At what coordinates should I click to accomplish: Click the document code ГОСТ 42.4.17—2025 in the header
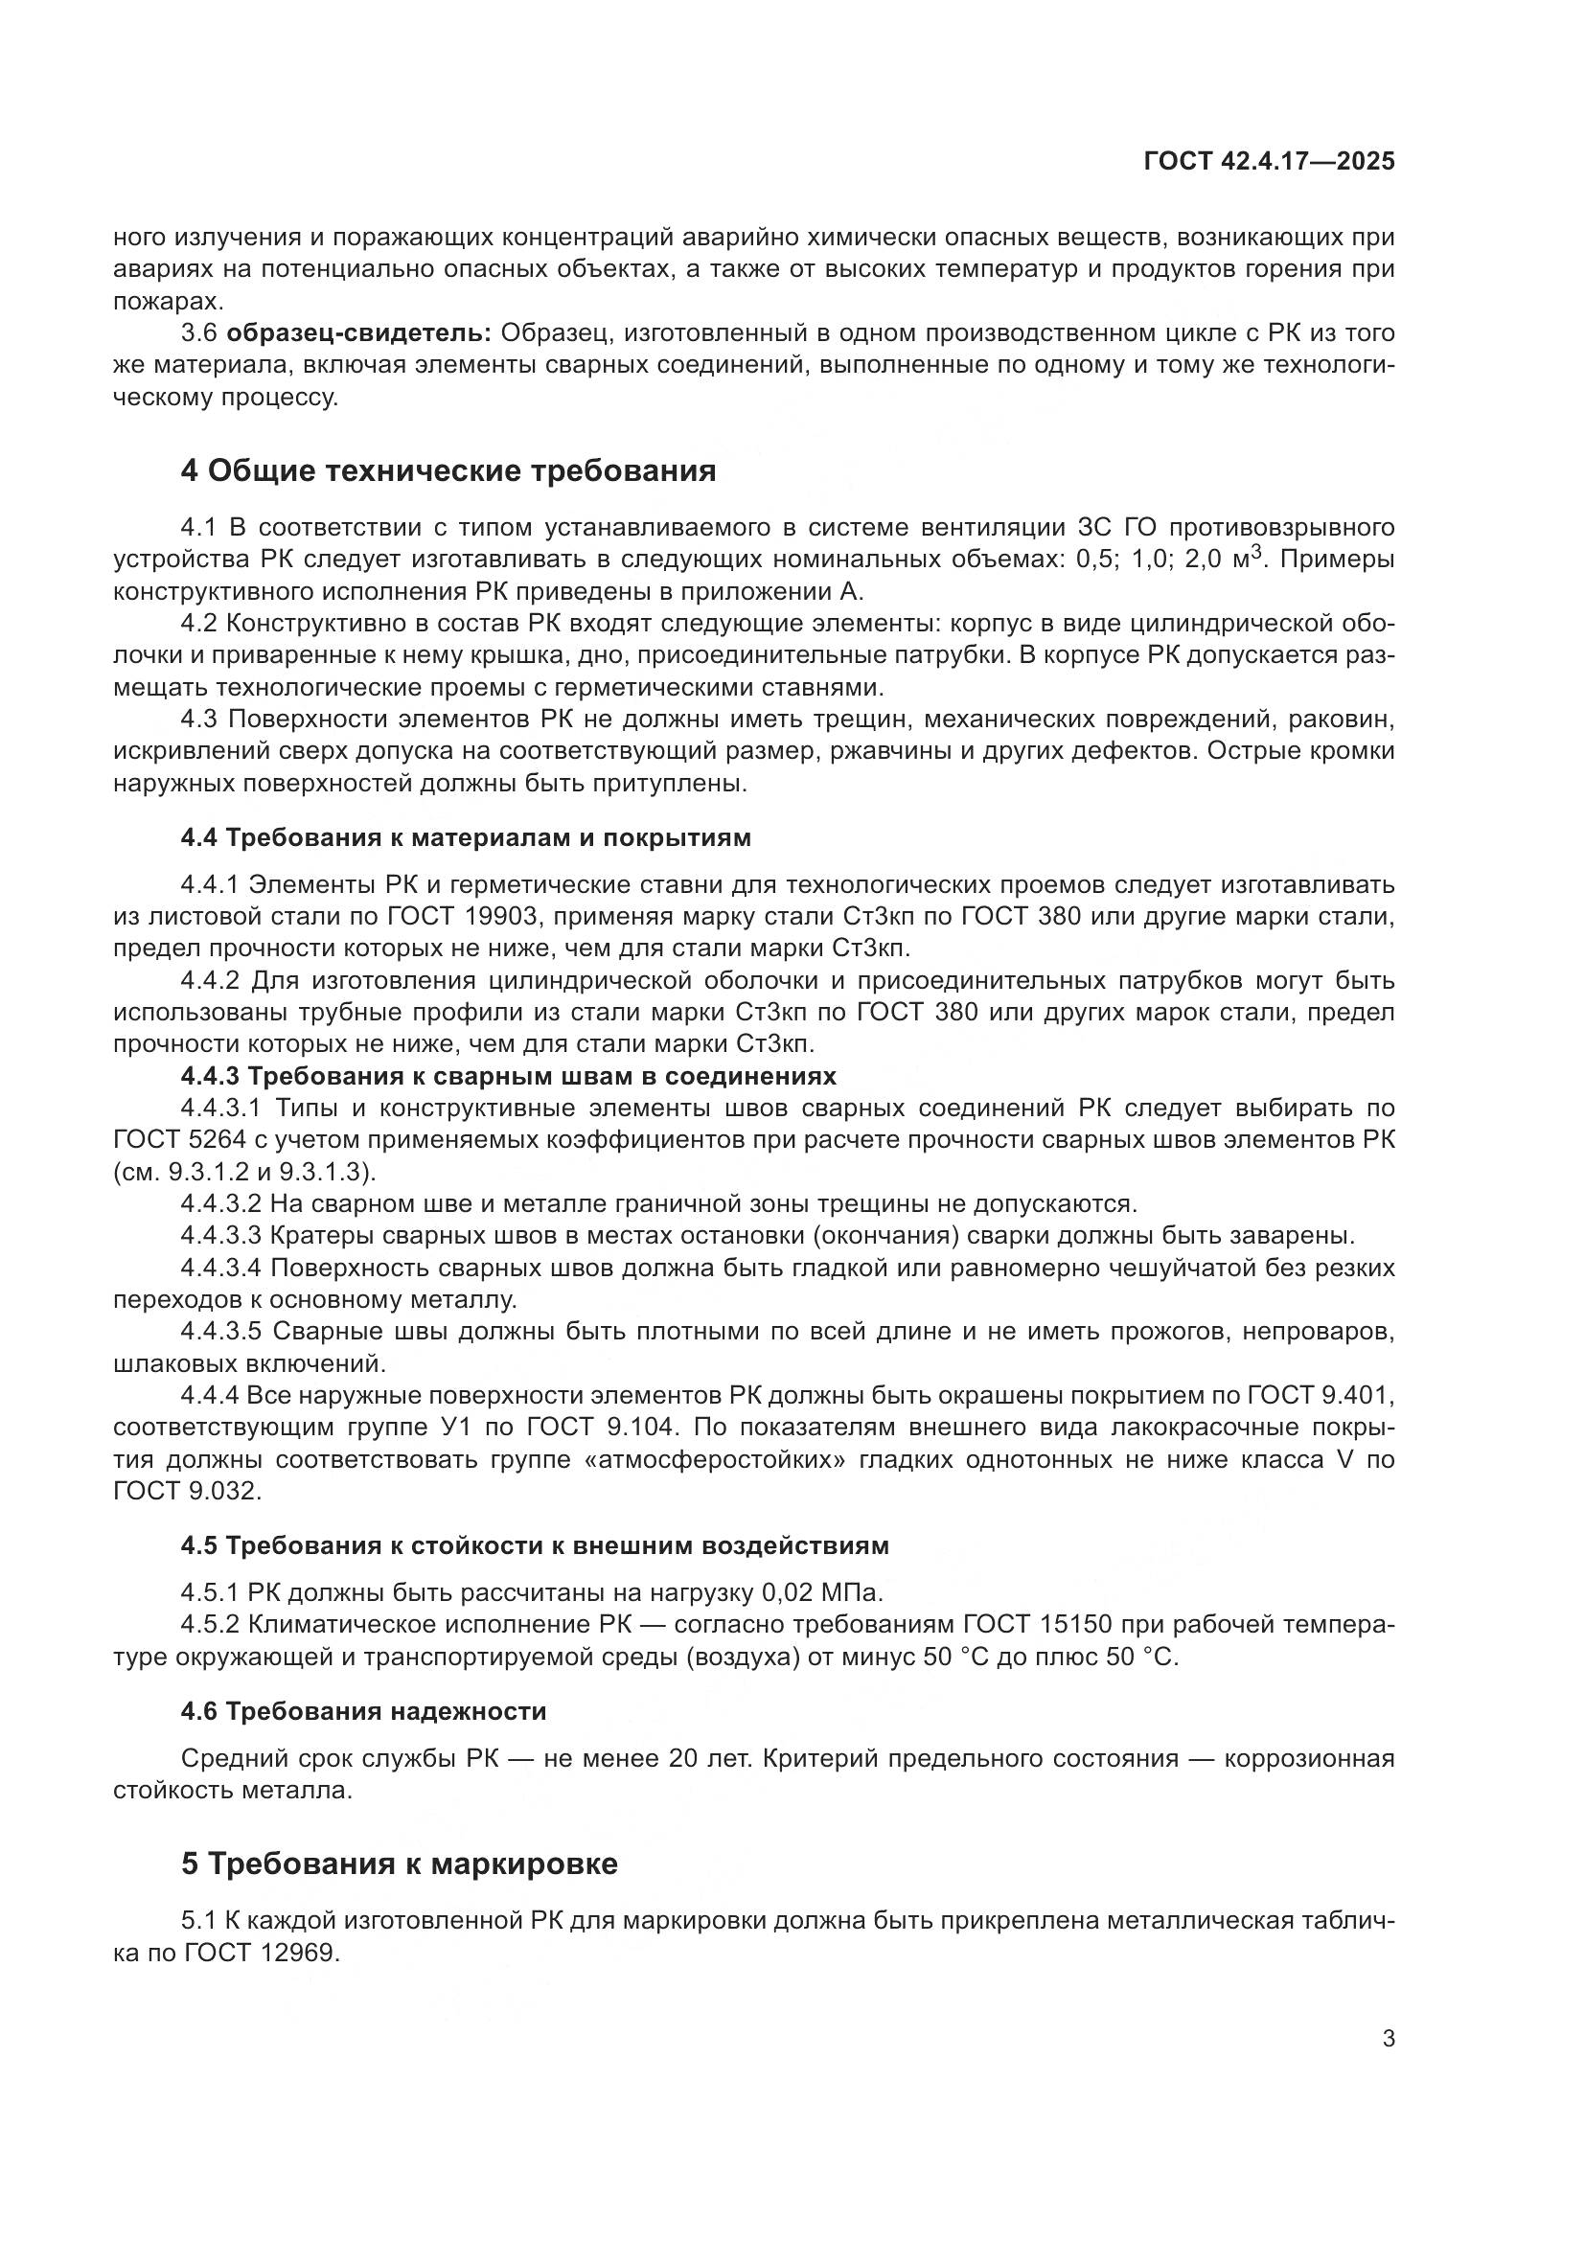click(x=1269, y=162)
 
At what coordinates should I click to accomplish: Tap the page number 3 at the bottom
click(x=1388, y=2039)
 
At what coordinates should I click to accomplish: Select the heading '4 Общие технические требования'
click(x=448, y=470)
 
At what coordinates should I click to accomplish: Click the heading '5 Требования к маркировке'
click(x=400, y=1864)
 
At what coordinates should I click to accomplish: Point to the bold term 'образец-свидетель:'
click(x=359, y=333)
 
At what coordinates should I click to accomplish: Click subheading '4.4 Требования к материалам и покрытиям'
click(x=466, y=837)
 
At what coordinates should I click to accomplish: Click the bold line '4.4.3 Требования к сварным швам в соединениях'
click(x=509, y=1076)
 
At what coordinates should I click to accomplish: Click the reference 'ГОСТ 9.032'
click(x=186, y=1492)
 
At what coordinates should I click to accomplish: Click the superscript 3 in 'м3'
click(x=1260, y=553)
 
